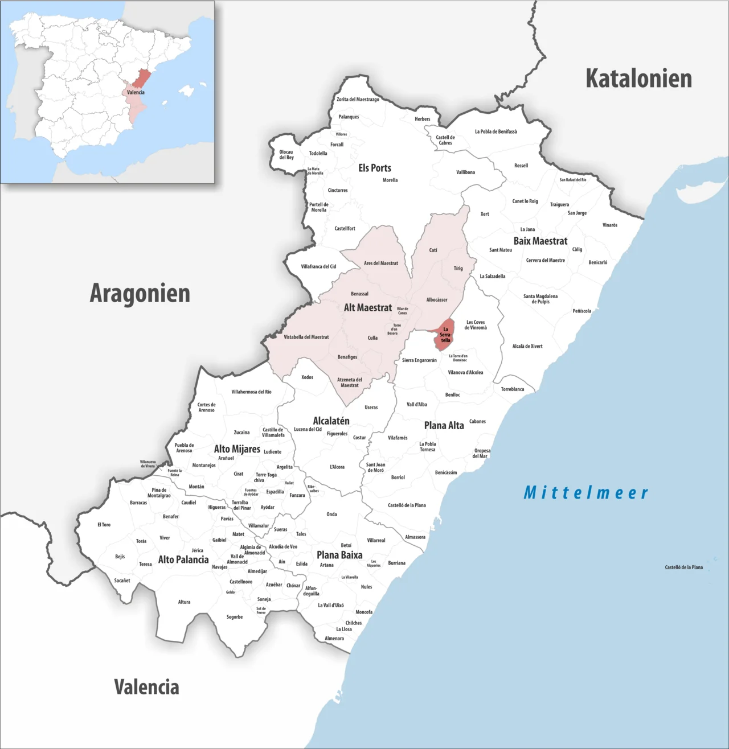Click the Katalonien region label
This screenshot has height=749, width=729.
[638, 79]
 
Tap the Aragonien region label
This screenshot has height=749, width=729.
[140, 293]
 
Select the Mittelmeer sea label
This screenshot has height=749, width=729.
[585, 492]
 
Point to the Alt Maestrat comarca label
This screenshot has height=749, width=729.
[367, 307]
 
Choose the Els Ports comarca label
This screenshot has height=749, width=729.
[375, 168]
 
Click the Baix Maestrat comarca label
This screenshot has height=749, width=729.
[540, 241]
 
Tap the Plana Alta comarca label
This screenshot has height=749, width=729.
[444, 425]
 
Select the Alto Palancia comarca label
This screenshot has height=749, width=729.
[183, 559]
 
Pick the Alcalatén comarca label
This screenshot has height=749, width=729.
[331, 421]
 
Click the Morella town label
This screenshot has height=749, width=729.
[390, 180]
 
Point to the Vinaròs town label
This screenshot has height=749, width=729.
[610, 225]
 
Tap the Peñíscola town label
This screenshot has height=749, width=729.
[581, 311]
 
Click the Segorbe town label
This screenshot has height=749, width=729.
[235, 617]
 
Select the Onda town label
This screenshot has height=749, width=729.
[331, 515]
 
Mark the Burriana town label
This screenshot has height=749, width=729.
[397, 563]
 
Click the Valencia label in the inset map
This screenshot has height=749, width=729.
[136, 92]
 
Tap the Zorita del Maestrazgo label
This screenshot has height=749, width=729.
[358, 100]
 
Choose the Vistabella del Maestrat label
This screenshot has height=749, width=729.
[306, 337]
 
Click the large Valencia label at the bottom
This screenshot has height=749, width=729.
[146, 687]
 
